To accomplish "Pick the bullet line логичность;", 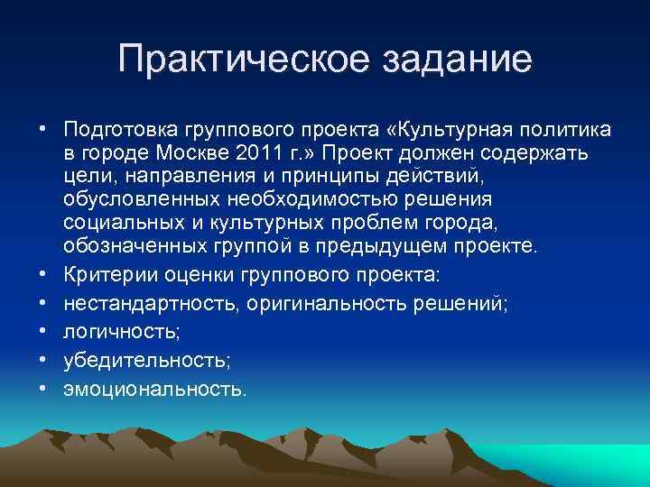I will coord(122,333).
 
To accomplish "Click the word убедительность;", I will coord(147,361).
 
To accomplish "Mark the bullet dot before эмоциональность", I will coord(42,389).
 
